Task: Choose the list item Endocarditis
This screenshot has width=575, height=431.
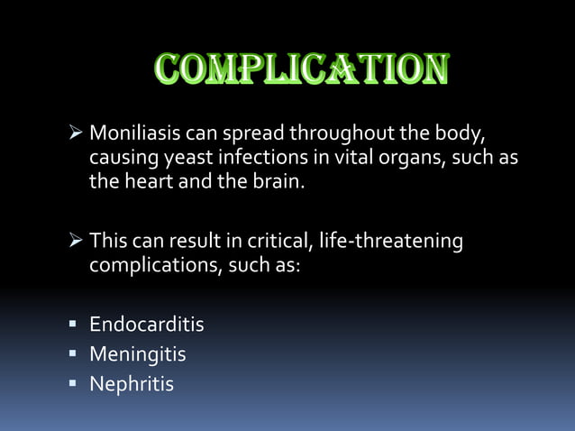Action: pos(147,324)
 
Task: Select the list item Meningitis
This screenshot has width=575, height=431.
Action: pos(138,354)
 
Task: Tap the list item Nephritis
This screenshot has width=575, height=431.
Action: pos(132,384)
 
